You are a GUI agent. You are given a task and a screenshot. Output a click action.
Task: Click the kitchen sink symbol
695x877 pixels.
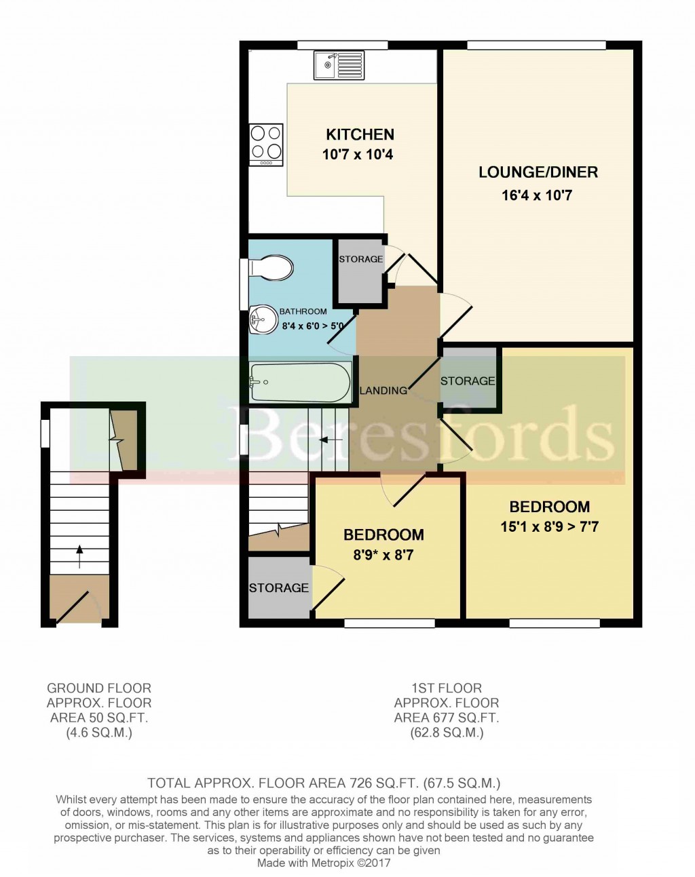[338, 65]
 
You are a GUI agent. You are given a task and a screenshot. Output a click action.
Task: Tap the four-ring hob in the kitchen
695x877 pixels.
[267, 144]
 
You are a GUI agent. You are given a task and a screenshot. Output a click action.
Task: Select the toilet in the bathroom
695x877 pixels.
[271, 267]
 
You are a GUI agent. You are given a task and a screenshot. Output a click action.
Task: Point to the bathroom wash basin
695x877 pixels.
[262, 320]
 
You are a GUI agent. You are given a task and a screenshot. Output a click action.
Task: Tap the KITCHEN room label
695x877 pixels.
[360, 134]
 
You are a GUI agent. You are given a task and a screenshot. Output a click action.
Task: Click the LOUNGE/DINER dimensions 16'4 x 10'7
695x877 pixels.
[537, 195]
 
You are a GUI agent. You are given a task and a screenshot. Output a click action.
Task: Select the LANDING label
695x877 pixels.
[383, 390]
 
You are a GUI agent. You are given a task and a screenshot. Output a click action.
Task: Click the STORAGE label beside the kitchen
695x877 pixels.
[360, 259]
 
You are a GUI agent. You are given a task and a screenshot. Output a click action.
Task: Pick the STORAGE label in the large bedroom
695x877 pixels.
[468, 381]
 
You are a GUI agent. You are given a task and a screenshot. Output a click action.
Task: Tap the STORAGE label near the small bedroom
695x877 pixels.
[278, 588]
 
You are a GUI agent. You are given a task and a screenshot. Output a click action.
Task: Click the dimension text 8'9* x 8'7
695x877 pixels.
[383, 556]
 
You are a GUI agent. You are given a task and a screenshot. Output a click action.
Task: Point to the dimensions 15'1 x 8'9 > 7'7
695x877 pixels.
[549, 526]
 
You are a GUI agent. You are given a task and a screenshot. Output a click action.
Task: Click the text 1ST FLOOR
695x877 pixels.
[446, 688]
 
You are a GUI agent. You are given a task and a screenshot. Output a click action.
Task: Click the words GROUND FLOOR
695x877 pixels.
[99, 688]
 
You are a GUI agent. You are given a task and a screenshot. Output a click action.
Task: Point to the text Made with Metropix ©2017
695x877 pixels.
[324, 863]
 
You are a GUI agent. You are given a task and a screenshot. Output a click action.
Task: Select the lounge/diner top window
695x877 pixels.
[536, 45]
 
